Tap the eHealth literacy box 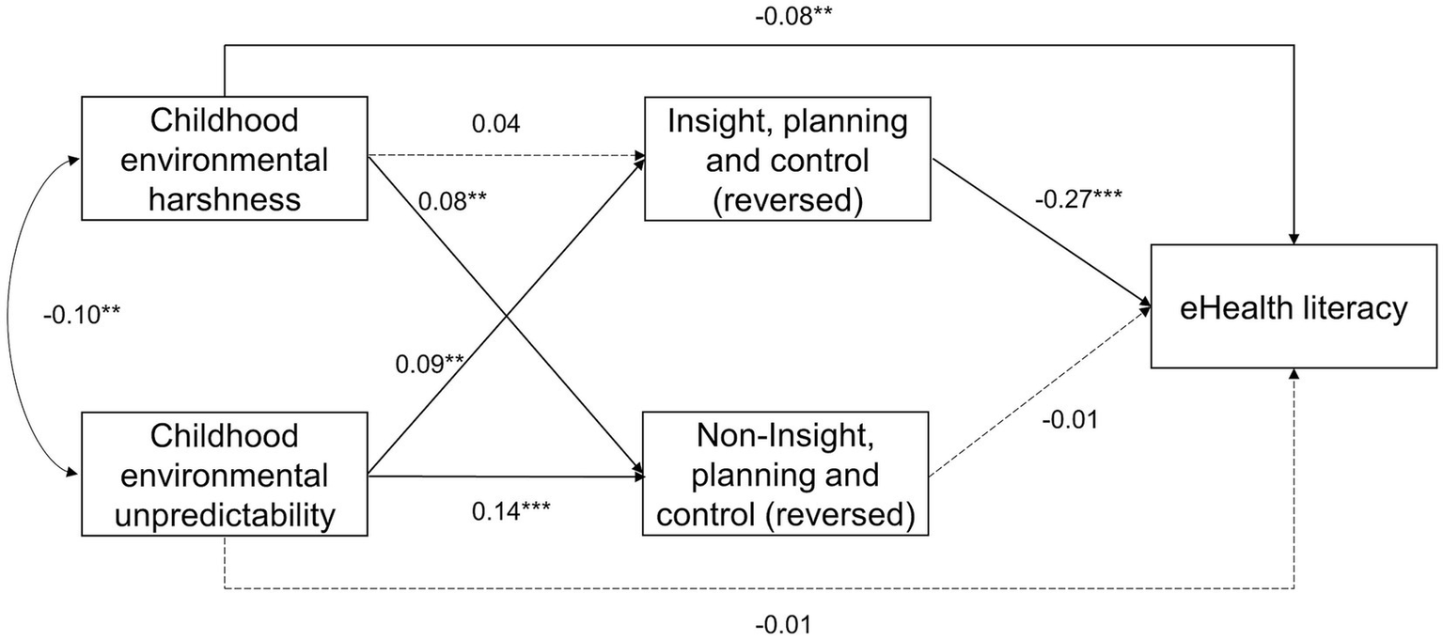(1294, 307)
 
